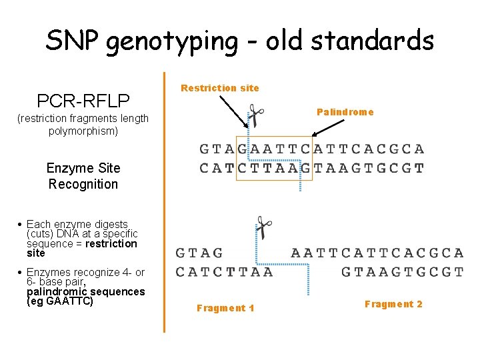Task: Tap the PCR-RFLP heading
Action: [83, 101]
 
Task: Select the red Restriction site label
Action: [220, 88]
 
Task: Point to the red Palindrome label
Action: [345, 112]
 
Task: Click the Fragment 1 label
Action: [225, 308]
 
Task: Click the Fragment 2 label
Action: [393, 305]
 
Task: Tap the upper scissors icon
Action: [255, 115]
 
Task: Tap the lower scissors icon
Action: [264, 227]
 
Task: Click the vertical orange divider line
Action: [164, 200]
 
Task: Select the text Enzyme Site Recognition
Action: [83, 176]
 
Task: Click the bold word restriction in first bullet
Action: [111, 243]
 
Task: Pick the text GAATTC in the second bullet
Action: [68, 301]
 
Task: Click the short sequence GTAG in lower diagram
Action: [199, 253]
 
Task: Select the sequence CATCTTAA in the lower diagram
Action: [224, 271]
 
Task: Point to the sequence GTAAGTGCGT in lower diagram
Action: [402, 271]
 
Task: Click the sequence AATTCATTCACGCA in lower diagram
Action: [377, 253]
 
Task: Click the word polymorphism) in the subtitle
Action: [83, 131]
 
